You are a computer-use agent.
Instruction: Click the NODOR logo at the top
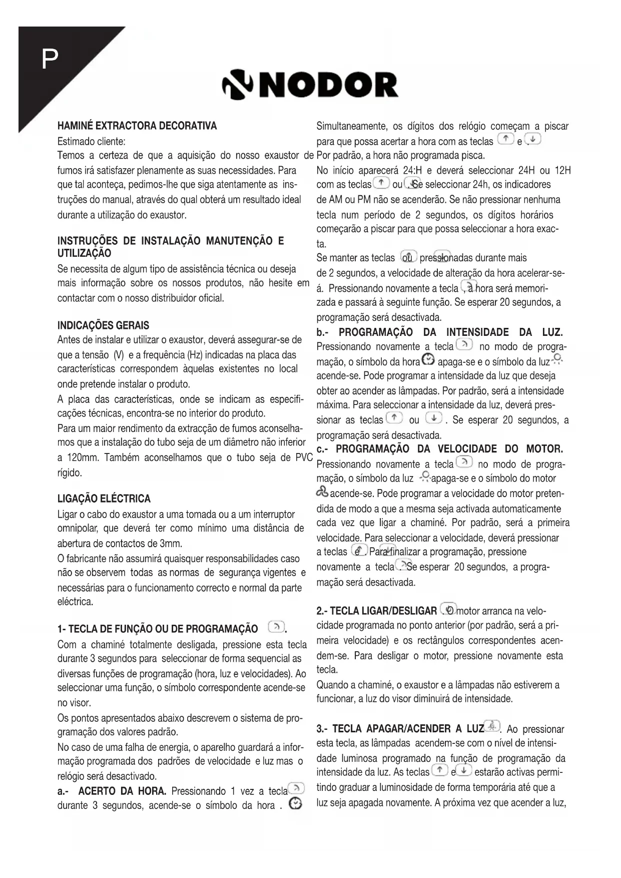tap(310, 85)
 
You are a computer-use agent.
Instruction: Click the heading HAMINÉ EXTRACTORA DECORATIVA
tap(137, 125)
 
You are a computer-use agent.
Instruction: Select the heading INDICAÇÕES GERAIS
tap(103, 325)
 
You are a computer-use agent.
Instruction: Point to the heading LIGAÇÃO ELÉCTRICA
tap(104, 499)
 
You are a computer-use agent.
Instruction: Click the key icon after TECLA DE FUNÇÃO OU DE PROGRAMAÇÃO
tap(276, 627)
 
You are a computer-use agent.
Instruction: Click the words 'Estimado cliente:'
tap(91, 141)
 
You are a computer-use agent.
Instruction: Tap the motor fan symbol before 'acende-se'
tap(322, 493)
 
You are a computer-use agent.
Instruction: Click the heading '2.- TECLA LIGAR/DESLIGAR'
tap(376, 611)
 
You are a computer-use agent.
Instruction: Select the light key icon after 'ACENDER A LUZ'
tap(493, 726)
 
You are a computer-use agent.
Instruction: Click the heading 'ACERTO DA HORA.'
tap(122, 791)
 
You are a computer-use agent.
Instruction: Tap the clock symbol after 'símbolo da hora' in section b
tap(429, 360)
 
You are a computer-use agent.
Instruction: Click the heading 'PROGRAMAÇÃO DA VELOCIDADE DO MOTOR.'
tap(449, 449)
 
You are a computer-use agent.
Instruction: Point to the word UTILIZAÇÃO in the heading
tap(84, 253)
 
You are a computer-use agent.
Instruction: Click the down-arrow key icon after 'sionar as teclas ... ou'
tap(433, 418)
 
